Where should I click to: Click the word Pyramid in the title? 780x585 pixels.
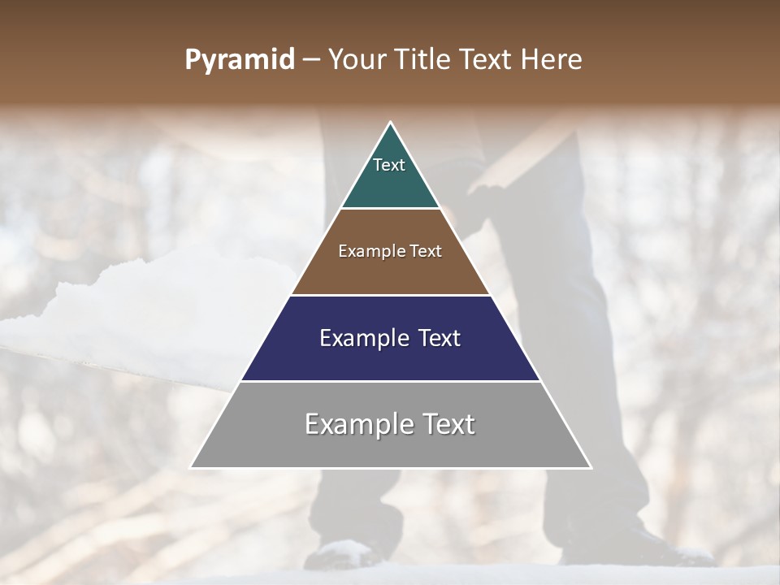coord(240,60)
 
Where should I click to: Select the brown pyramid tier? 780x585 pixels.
coord(391,272)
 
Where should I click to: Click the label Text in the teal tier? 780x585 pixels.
coord(389,165)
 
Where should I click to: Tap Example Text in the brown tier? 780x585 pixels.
coord(390,251)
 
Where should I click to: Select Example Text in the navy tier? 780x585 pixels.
coord(390,338)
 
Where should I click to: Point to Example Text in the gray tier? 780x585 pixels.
coord(390,424)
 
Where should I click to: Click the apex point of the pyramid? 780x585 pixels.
coord(391,123)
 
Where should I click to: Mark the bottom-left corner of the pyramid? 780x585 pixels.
coord(193,467)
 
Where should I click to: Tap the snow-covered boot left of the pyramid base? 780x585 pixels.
coord(345,553)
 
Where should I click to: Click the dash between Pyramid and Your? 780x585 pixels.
coord(310,60)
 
